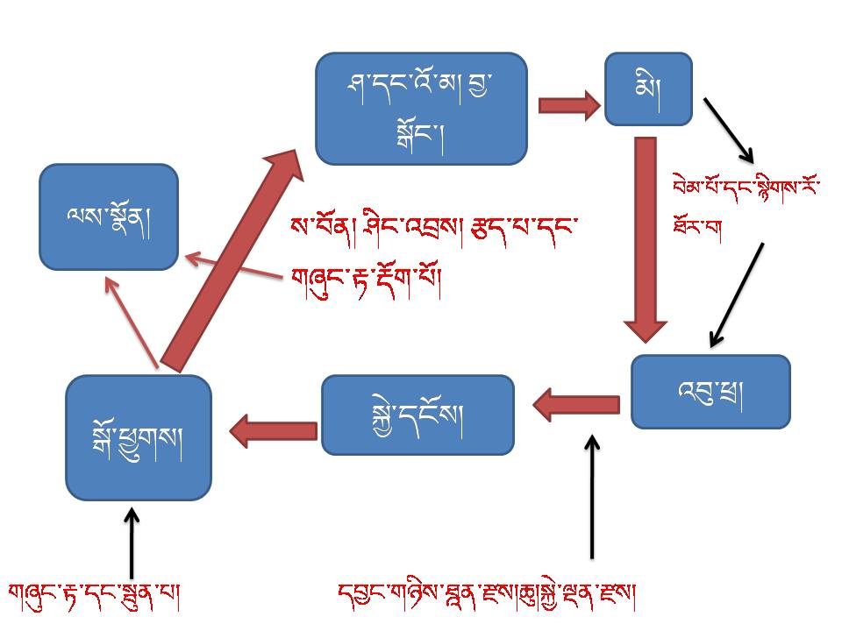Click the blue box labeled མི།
pos(648,88)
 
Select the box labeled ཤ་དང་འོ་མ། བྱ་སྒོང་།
pos(421,108)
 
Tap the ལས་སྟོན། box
pos(109,216)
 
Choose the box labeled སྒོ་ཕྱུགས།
pos(139,436)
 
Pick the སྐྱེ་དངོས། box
pos(417,415)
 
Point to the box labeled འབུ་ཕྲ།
pos(710,391)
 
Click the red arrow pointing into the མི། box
pos(568,106)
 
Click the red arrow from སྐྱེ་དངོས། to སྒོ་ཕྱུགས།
pos(274,429)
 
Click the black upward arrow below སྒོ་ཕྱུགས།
pos(132,543)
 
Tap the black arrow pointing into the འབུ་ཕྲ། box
pos(737,294)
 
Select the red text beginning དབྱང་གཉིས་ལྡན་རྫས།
pos(487,596)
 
